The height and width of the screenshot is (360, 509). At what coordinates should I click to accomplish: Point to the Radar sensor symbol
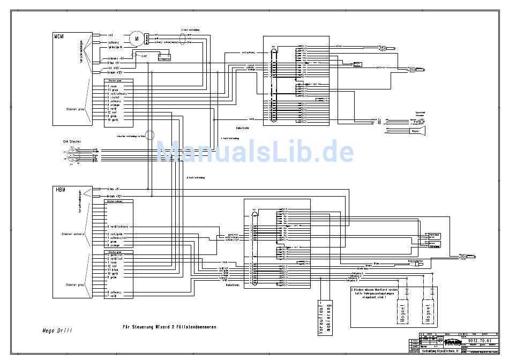[416, 130]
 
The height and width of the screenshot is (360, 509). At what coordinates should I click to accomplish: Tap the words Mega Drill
[57, 330]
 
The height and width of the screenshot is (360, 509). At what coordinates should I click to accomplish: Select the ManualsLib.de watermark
[255, 152]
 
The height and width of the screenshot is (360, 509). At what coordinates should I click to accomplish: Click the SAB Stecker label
[71, 141]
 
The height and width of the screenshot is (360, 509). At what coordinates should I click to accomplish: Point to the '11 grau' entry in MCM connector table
[114, 89]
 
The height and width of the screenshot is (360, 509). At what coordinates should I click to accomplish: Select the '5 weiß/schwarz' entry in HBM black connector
[118, 227]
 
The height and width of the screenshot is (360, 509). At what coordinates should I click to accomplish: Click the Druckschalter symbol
[409, 262]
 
